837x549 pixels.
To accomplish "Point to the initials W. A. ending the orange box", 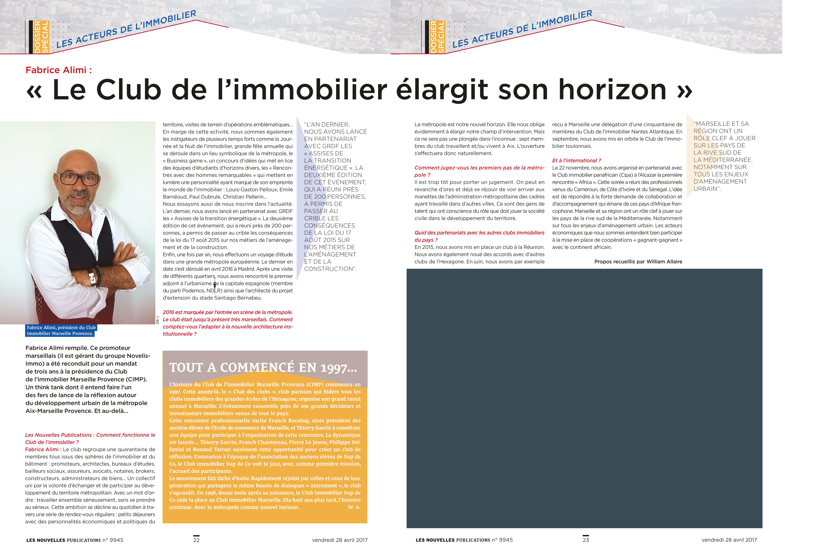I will coord(354,507).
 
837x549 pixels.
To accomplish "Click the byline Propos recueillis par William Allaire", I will coord(638,262).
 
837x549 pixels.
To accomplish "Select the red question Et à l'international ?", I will coord(576,160).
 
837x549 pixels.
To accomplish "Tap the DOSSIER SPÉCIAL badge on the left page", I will coord(41,37).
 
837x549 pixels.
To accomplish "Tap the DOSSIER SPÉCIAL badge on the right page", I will coord(437,37).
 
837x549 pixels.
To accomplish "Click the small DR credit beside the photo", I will coord(158,320).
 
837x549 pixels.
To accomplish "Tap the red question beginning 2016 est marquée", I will coord(228,323).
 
